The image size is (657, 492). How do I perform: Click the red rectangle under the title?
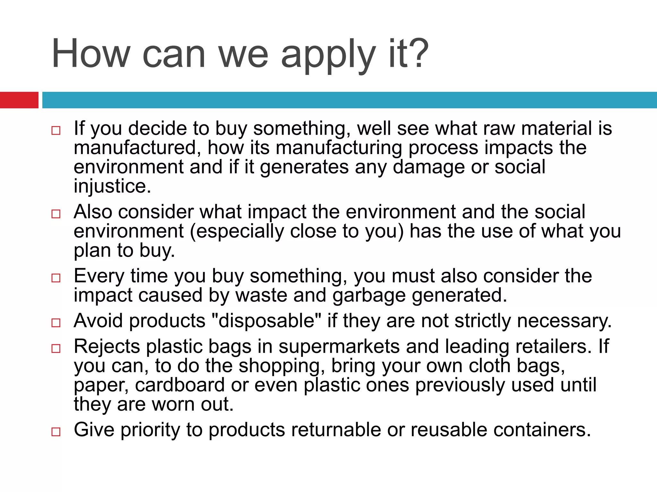pyautogui.click(x=19, y=100)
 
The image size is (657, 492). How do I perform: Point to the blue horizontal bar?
pyautogui.click(x=349, y=100)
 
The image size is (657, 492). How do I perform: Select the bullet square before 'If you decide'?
pyautogui.click(x=56, y=130)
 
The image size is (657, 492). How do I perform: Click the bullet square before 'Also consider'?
pyautogui.click(x=56, y=214)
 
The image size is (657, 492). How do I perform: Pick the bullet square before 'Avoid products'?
pyautogui.click(x=56, y=323)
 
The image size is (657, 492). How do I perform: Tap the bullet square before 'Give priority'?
pyautogui.click(x=56, y=431)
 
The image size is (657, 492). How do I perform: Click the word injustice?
pyautogui.click(x=112, y=186)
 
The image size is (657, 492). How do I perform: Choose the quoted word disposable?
pyautogui.click(x=267, y=321)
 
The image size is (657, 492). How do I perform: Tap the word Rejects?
pyautogui.click(x=107, y=347)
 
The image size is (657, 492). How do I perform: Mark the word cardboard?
pyautogui.click(x=180, y=385)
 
